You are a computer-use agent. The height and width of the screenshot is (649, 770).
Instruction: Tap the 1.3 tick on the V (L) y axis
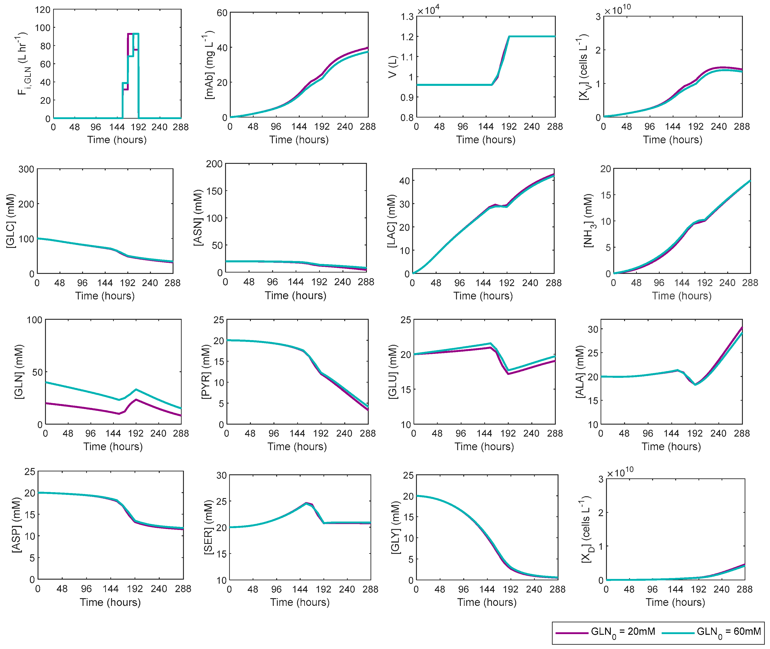pyautogui.click(x=407, y=16)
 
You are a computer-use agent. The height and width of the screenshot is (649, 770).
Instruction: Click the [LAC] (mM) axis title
pyautogui.click(x=392, y=221)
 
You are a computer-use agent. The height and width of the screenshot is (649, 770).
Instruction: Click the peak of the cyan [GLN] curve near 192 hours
pyautogui.click(x=136, y=389)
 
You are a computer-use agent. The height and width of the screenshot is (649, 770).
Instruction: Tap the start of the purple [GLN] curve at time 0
pyautogui.click(x=46, y=403)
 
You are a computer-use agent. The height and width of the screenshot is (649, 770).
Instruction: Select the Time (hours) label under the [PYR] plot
pyautogui.click(x=297, y=446)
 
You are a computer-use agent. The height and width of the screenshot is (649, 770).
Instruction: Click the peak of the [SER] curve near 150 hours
pyautogui.click(x=306, y=503)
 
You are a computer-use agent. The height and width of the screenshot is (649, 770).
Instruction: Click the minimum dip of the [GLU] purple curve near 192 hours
pyautogui.click(x=508, y=374)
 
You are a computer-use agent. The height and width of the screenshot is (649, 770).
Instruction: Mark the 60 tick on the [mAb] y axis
pyautogui.click(x=222, y=13)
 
